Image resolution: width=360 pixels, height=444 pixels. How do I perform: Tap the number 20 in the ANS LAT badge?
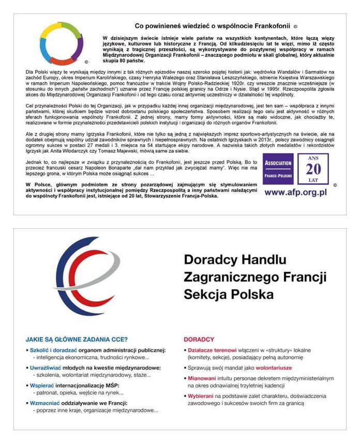313,169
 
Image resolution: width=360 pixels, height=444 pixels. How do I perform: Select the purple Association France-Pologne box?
278,168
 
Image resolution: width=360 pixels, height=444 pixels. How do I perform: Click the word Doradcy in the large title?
209,259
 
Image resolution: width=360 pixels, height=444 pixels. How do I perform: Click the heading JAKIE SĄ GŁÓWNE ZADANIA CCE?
77,340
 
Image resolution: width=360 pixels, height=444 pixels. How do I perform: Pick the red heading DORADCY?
199,340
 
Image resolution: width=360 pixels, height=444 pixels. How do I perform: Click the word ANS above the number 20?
313,157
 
